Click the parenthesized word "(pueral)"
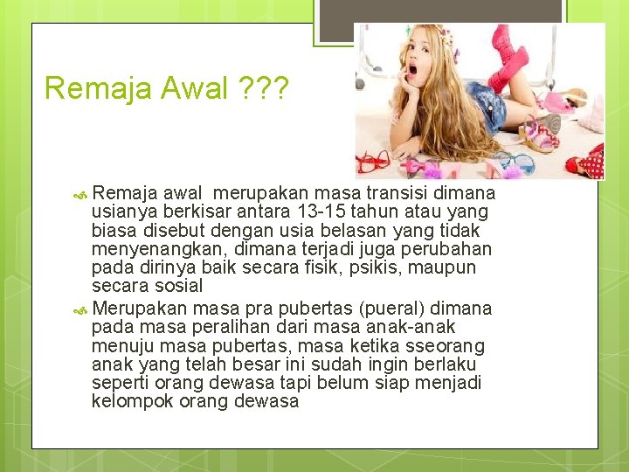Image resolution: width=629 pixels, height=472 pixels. click(395, 308)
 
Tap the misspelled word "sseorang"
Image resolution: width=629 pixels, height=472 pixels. click(453, 344)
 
